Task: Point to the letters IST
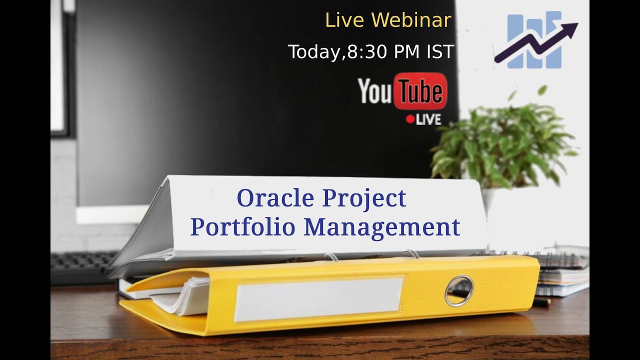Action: pyautogui.click(x=440, y=52)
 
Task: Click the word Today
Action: pyautogui.click(x=314, y=52)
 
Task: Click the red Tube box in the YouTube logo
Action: pyautogui.click(x=420, y=91)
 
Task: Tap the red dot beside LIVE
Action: pyautogui.click(x=410, y=119)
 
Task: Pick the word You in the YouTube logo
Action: pyautogui.click(x=375, y=92)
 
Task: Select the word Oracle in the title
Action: pyautogui.click(x=276, y=198)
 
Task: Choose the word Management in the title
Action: pyautogui.click(x=381, y=227)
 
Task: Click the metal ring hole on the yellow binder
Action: pyautogui.click(x=458, y=290)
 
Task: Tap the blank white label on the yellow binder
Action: pyautogui.click(x=318, y=299)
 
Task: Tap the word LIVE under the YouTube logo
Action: pyautogui.click(x=428, y=119)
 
